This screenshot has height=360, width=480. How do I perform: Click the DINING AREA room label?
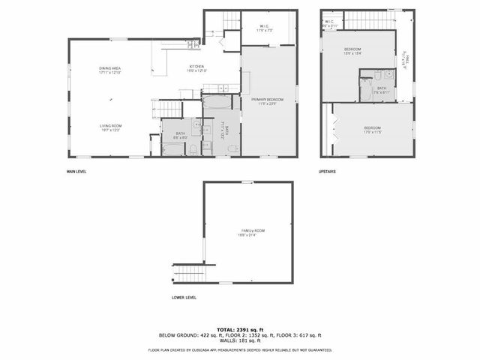(109, 71)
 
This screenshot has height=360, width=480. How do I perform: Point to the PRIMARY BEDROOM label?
(268, 100)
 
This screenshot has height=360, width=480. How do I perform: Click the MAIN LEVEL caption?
(76, 172)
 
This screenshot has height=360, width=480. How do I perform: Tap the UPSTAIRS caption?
(327, 172)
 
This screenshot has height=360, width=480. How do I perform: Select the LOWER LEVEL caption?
(184, 297)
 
